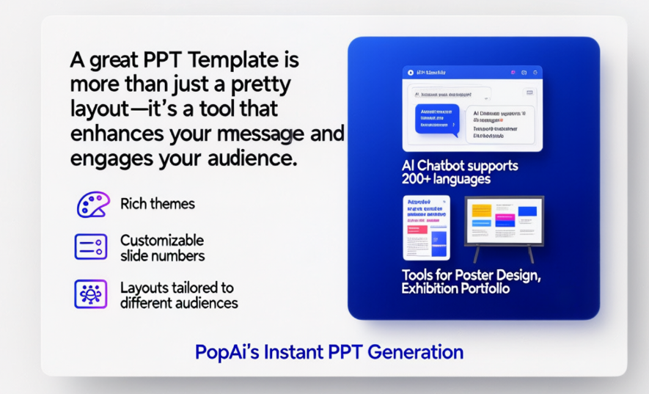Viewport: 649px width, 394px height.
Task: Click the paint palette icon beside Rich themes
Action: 91,204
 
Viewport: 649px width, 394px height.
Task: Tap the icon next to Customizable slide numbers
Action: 91,247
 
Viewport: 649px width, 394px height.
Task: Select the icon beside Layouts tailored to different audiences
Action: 91,293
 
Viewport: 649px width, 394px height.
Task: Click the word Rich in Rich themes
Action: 133,204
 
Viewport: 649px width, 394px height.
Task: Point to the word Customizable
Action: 162,241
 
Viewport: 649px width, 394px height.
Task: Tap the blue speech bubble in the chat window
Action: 436,119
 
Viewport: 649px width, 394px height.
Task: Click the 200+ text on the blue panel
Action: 422,178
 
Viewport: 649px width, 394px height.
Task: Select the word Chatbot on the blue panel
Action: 448,166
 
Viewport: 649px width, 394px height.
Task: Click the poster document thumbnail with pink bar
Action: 426,227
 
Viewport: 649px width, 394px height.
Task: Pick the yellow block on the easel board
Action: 481,211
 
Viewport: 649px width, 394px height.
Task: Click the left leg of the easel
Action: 477,254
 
